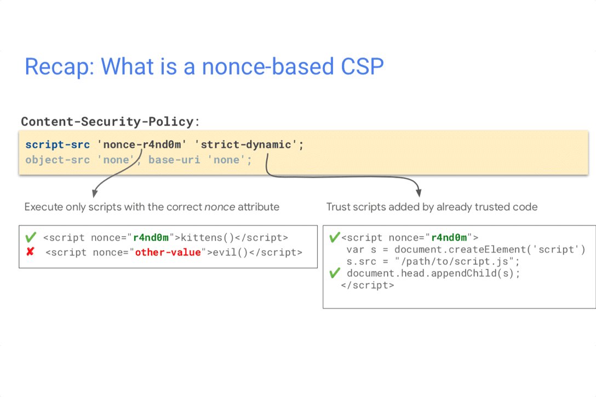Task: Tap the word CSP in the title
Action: pos(362,66)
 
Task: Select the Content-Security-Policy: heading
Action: pos(110,122)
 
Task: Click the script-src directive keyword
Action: pos(58,145)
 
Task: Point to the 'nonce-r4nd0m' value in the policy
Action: pos(142,145)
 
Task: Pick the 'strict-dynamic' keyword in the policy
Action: pos(245,145)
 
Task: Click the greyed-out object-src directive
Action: pos(58,160)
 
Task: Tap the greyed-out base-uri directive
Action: pos(174,160)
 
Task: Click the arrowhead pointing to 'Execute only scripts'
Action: pos(95,193)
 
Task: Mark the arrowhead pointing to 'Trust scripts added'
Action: pos(419,192)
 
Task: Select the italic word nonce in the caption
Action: pos(220,207)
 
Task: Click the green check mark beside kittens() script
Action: pos(31,237)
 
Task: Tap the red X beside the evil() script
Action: pos(31,251)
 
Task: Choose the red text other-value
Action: pos(168,252)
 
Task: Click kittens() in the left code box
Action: pos(208,238)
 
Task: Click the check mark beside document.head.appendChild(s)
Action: pos(335,273)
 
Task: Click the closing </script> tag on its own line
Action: pos(368,285)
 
